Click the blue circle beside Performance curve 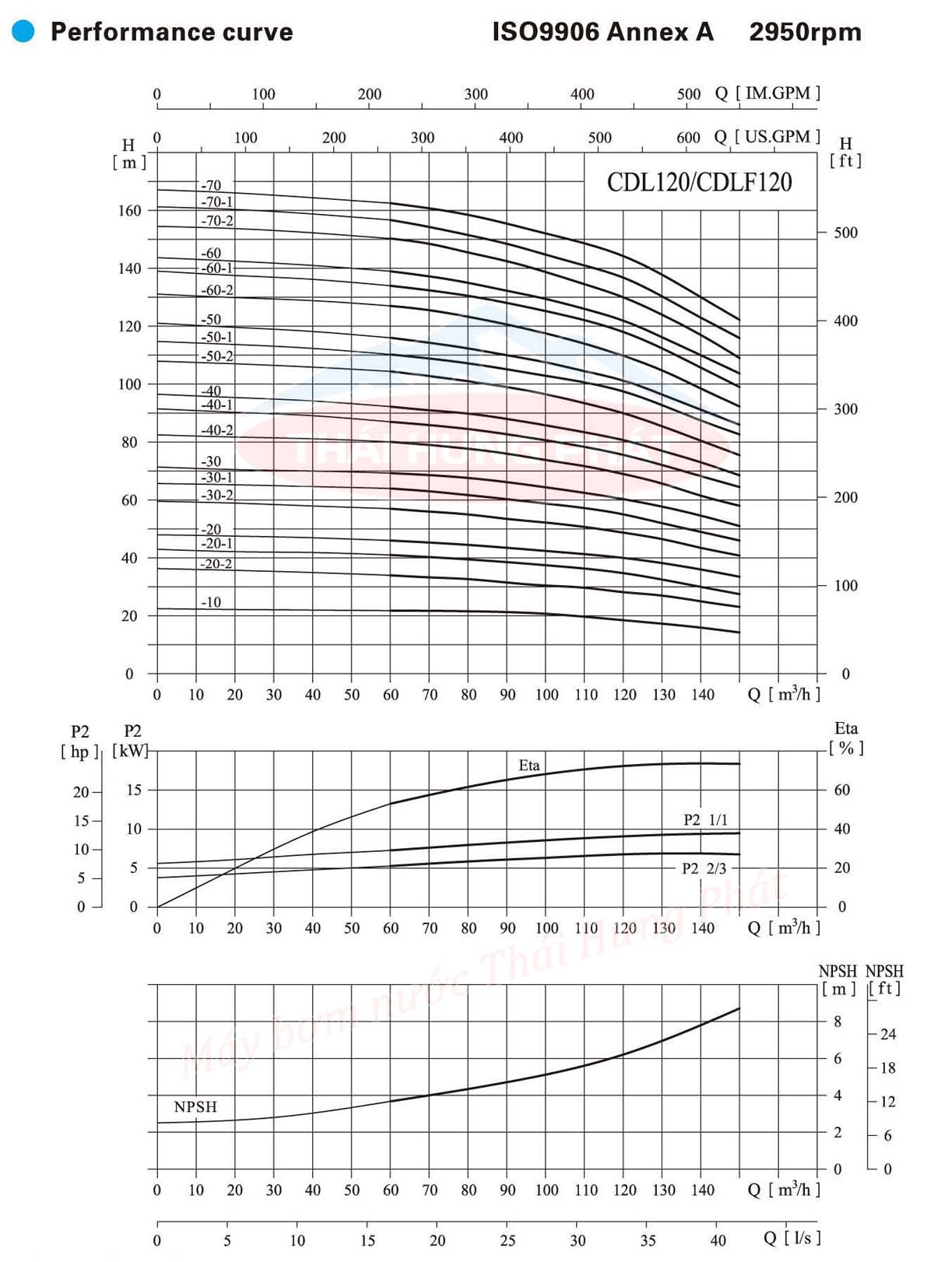point(23,31)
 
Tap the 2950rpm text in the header point(805,32)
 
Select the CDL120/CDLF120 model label point(699,182)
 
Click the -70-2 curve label point(217,221)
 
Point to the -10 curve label point(211,602)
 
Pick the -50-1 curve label point(217,338)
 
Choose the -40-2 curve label point(217,430)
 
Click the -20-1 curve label point(217,544)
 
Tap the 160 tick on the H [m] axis point(130,211)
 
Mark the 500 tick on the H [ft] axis point(845,233)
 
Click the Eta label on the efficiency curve point(529,766)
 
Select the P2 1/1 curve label point(705,820)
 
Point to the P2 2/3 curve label point(704,869)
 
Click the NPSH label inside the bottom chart point(195,1107)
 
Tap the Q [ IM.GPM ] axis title point(767,93)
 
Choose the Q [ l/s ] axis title point(792,1237)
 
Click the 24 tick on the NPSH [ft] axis point(888,1034)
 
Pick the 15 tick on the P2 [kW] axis point(134,791)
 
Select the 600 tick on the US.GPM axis point(688,138)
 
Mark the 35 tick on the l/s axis point(648,1241)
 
